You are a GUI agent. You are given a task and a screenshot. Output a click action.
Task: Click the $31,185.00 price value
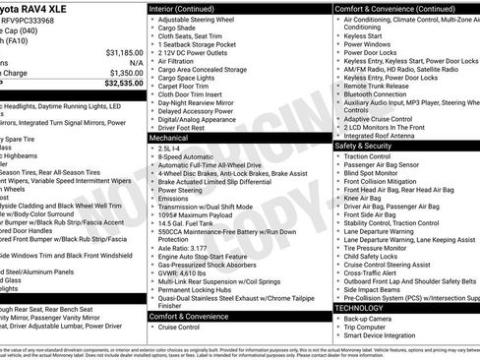click(x=117, y=51)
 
